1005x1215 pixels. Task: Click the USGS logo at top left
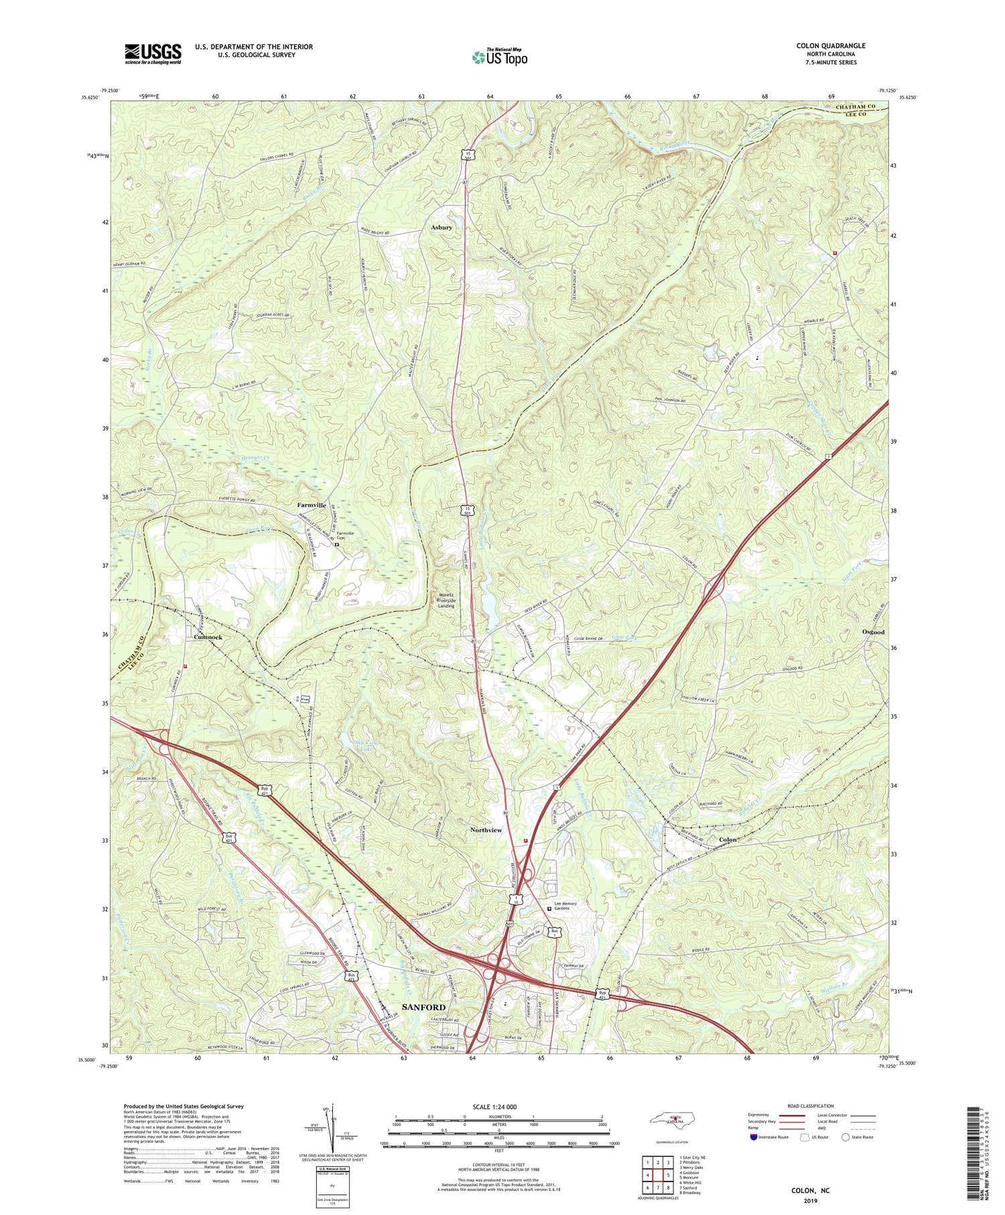coord(153,54)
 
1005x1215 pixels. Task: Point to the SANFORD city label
coord(423,1007)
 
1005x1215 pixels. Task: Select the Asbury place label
coord(442,228)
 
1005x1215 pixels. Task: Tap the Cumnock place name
coord(208,637)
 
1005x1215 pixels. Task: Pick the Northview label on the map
coord(486,830)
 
